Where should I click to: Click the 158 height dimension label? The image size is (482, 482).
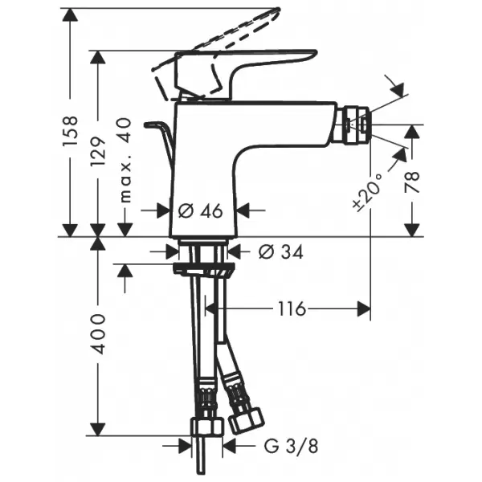(70, 131)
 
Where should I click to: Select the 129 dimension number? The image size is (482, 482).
(98, 151)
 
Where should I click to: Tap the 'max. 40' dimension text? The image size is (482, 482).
(125, 160)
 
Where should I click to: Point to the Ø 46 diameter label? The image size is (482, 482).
(200, 210)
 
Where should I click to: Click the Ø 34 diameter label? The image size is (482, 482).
(281, 252)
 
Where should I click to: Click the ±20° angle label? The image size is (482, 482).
(367, 193)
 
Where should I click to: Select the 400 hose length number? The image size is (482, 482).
(98, 334)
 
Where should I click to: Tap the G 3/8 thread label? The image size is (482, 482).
(291, 446)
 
